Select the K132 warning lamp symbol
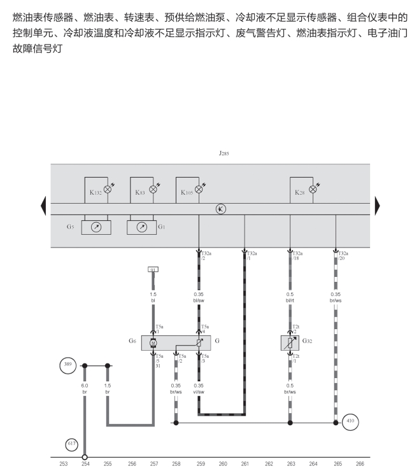click(108, 188)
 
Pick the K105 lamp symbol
click(199, 188)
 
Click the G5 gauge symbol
click(96, 227)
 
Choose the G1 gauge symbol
click(142, 227)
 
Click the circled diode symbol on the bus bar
click(221, 209)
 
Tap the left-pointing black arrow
click(43, 206)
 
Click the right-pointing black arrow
click(377, 206)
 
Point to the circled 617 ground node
click(71, 444)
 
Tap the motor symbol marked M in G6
click(153, 343)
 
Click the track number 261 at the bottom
click(245, 464)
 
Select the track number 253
click(63, 464)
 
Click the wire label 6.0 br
click(84, 388)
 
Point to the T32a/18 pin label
click(297, 256)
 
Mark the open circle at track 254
click(85, 456)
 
